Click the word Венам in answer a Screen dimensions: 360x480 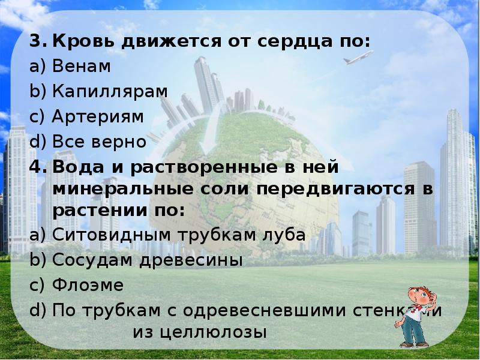[81, 67]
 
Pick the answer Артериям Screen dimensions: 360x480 [98, 116]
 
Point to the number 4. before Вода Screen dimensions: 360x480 [38, 166]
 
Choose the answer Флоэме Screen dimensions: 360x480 [87, 284]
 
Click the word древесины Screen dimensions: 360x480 [201, 260]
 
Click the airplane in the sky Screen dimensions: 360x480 [358, 58]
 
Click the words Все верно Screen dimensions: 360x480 [99, 142]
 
